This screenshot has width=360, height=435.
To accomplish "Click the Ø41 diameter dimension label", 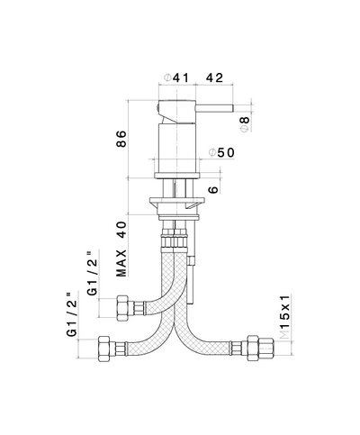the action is tap(176, 78).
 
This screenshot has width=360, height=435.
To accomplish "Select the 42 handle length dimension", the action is tap(214, 78).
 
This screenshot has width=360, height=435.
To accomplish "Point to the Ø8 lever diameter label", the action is tap(245, 124).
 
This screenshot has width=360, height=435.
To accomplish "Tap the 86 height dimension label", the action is tap(121, 139).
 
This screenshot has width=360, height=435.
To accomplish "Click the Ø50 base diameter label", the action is tap(221, 153).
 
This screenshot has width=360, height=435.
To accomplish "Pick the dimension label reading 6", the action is tap(213, 190).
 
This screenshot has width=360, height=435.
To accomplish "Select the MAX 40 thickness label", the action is tap(121, 249).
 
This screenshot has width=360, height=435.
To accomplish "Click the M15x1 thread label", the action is tap(285, 317).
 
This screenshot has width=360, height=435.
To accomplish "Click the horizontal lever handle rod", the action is tap(214, 108).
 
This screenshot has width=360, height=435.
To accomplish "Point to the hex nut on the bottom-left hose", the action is tap(103, 349).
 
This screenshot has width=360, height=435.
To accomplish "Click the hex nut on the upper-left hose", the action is tap(122, 308).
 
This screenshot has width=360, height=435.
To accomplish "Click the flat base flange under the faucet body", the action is tap(177, 176).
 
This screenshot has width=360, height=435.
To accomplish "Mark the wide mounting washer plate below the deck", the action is tap(177, 200).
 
